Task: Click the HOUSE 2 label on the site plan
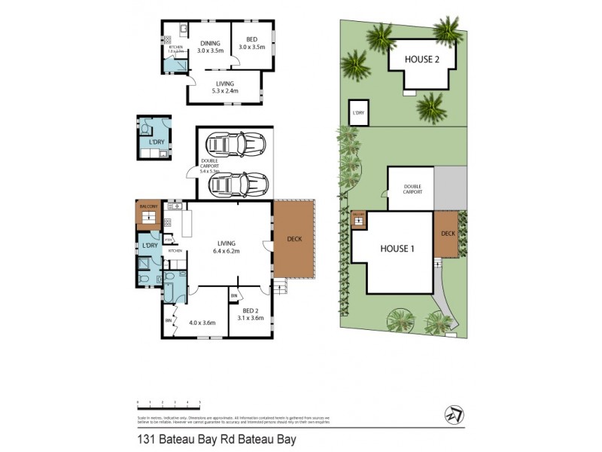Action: [421, 60]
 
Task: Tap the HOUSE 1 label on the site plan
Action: [397, 249]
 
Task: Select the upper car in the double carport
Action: [235, 142]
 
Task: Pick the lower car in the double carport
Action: [235, 183]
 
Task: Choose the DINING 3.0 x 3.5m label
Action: [211, 47]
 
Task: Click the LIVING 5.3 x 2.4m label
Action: [224, 87]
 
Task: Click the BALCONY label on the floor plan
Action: [147, 206]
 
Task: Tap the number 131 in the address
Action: [146, 437]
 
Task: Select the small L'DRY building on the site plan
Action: [358, 112]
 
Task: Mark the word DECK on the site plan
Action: [448, 234]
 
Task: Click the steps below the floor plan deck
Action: [280, 286]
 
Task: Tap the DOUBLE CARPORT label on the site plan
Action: [412, 188]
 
